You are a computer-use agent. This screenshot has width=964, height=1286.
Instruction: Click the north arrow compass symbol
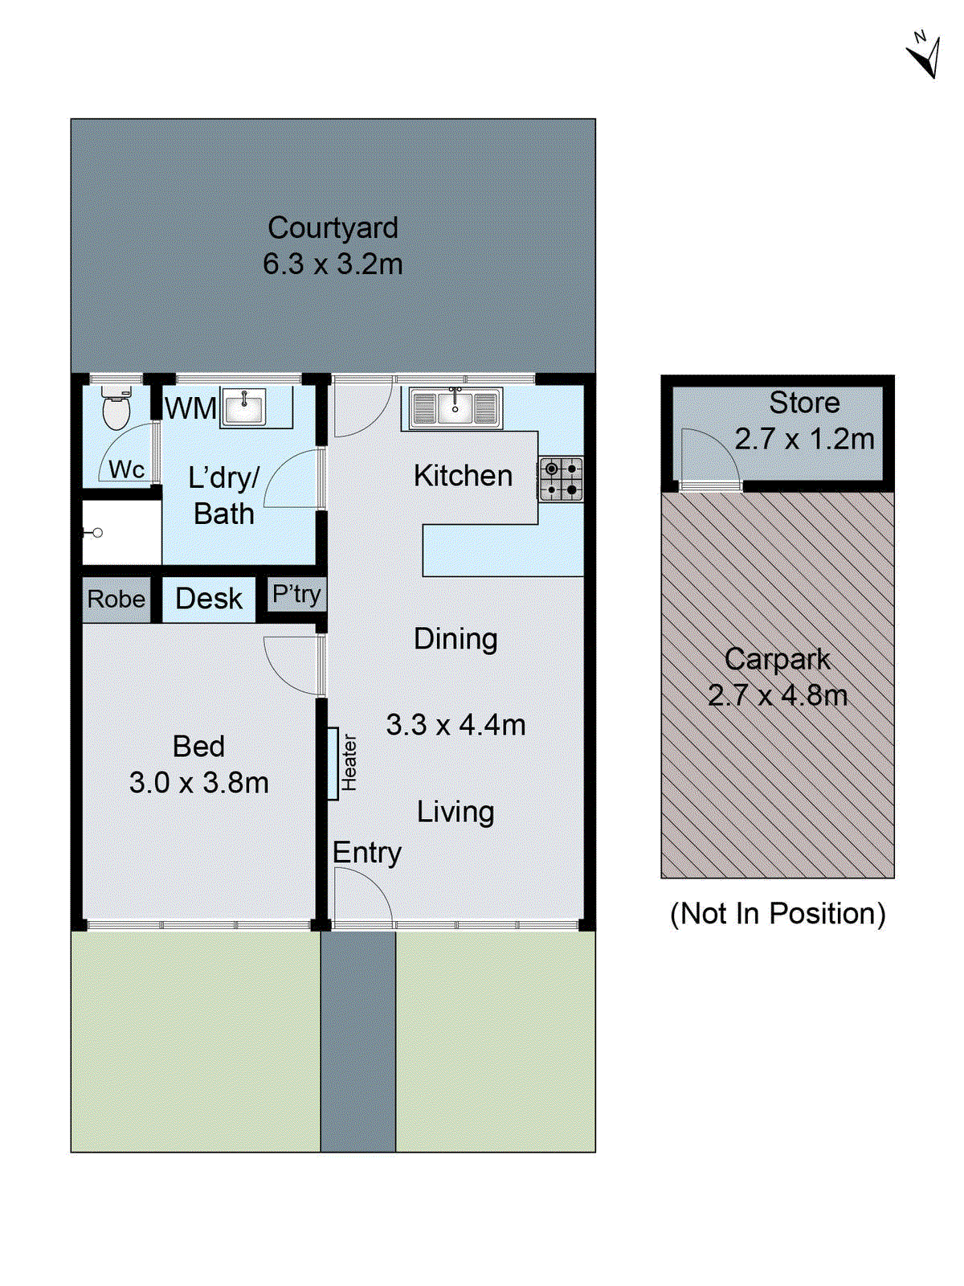coord(925,55)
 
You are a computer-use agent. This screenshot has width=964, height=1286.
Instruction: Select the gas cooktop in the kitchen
coord(561,479)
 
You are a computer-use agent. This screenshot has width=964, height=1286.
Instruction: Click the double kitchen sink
coord(455,408)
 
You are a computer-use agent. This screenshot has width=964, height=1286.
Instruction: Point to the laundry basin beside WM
coord(243,408)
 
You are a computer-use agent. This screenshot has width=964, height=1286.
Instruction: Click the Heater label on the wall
coord(349,763)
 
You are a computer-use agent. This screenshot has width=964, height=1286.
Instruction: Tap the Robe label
coord(116,599)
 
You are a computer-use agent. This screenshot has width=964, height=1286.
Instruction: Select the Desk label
coord(209,599)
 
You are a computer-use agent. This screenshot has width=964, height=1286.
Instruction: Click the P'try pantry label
coord(296,595)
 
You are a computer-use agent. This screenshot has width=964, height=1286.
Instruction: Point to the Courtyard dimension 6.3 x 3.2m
coord(333,264)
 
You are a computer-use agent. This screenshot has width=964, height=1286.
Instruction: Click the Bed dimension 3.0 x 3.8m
coord(199,782)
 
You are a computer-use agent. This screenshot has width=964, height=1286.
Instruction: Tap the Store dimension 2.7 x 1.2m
coord(804,439)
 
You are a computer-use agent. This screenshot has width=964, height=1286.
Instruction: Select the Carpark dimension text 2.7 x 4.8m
coord(778,695)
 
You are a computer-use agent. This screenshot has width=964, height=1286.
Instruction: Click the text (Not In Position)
coord(778,914)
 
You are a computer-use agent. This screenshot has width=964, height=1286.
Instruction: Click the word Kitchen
coord(463,476)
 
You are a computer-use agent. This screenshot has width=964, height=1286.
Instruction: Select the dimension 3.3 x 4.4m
coord(455,725)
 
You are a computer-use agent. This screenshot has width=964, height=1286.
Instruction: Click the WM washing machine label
coord(190,408)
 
